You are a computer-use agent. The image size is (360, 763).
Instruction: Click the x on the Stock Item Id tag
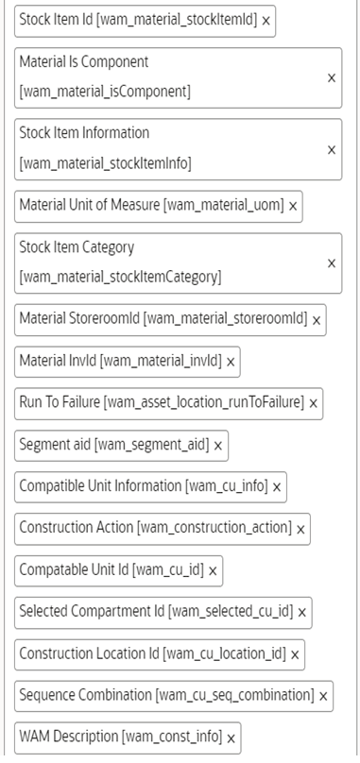[x=266, y=20]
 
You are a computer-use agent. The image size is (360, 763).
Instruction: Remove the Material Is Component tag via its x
[x=331, y=77]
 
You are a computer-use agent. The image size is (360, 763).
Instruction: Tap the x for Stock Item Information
[x=331, y=149]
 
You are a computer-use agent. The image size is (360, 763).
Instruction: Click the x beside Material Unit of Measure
[x=293, y=206]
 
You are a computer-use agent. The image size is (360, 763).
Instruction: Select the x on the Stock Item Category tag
[x=331, y=263]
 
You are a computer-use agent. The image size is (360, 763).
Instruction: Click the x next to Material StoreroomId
[x=317, y=321]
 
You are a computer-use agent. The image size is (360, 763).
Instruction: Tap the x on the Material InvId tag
[x=231, y=362]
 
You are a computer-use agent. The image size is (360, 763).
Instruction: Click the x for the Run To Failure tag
[x=313, y=403]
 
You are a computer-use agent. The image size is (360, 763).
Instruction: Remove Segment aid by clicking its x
[x=218, y=445]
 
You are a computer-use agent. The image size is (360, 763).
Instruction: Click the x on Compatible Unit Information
[x=277, y=487]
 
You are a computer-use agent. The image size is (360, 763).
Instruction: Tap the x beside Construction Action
[x=300, y=529]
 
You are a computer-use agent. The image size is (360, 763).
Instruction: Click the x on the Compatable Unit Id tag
[x=213, y=570]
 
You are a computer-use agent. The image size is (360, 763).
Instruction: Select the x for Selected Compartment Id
[x=302, y=612]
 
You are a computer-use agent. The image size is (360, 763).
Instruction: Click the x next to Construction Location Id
[x=295, y=653]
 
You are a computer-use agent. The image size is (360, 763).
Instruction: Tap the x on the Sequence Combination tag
[x=323, y=696]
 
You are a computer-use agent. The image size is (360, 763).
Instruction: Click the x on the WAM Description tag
[x=231, y=738]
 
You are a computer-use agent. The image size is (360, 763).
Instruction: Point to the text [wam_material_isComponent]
[x=105, y=92]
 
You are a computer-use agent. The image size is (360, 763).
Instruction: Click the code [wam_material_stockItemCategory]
[x=120, y=278]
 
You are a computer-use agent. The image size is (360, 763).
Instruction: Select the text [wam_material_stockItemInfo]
[x=105, y=163]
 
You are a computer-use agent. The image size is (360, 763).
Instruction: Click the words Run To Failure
[x=59, y=402]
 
